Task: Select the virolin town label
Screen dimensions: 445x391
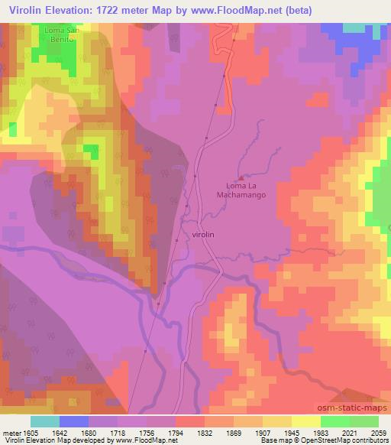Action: [207, 235]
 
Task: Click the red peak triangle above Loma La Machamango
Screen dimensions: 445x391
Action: [241, 177]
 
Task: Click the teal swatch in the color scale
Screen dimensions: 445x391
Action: [45, 421]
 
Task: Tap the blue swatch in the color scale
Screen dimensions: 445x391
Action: [74, 421]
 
